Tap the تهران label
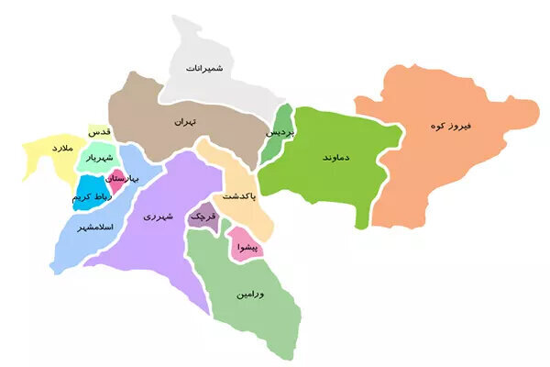[x=186, y=120]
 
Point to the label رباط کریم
[x=89, y=198]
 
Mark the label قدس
[x=100, y=133]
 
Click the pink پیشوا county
[x=244, y=246]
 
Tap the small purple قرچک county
[x=202, y=217]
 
